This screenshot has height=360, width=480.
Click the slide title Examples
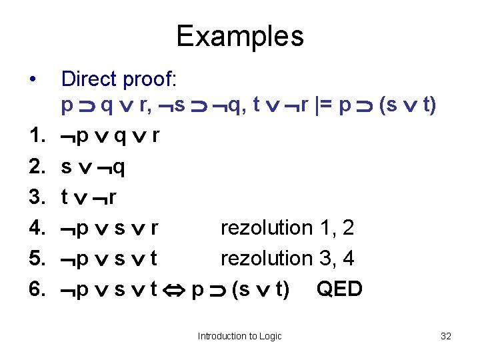point(240,36)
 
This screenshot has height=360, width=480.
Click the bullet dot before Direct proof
point(33,80)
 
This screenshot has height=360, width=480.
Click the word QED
point(339,289)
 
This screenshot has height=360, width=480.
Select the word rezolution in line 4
point(267,228)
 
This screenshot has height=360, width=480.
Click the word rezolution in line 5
point(267,258)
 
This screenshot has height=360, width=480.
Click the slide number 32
point(446,336)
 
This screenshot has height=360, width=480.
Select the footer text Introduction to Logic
point(239,336)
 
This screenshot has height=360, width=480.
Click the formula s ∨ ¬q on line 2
point(92,167)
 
